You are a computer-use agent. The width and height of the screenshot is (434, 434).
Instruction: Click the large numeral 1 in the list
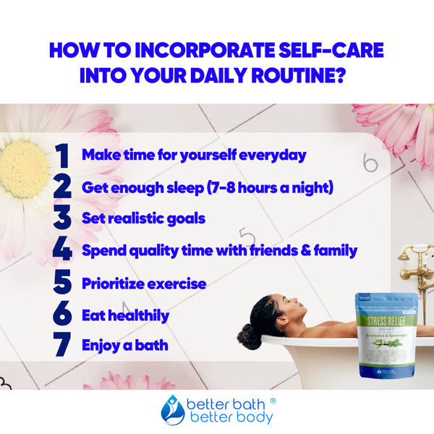click(62, 156)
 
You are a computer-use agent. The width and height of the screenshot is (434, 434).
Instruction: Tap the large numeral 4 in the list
click(62, 251)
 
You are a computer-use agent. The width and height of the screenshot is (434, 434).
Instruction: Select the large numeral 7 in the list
click(62, 345)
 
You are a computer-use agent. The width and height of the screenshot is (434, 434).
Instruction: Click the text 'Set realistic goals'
click(143, 218)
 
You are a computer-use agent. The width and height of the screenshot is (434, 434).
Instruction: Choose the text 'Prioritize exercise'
click(144, 282)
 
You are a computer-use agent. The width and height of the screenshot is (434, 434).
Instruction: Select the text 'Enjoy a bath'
click(124, 345)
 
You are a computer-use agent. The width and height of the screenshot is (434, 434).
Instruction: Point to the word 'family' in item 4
click(332, 250)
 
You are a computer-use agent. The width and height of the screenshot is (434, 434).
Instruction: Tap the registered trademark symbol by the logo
click(273, 399)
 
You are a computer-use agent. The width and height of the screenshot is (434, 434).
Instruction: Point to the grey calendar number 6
click(370, 163)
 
